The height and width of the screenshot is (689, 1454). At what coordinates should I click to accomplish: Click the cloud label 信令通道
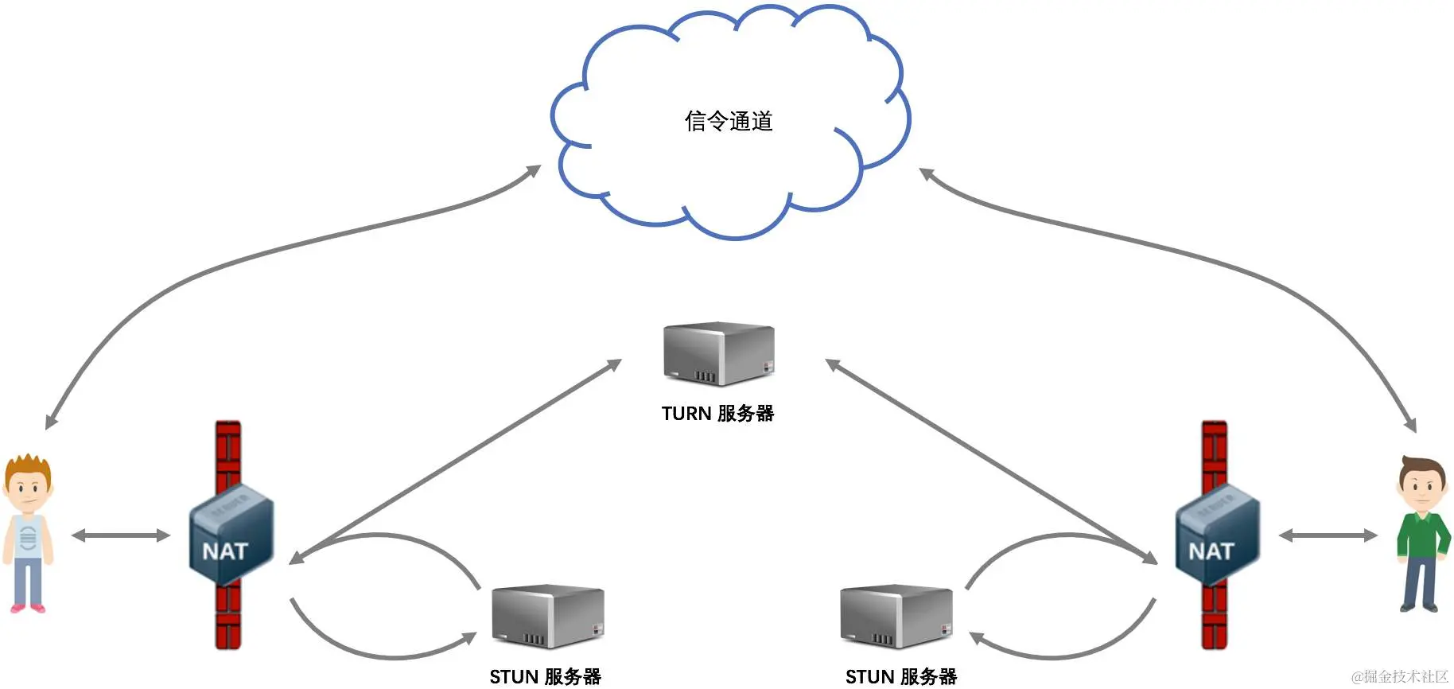[729, 121]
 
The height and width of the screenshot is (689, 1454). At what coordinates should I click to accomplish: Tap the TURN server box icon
[718, 353]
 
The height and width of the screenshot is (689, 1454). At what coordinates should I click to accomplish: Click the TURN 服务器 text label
[717, 414]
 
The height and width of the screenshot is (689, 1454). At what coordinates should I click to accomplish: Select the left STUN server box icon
[547, 616]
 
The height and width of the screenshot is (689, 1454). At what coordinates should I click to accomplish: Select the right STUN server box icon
[896, 616]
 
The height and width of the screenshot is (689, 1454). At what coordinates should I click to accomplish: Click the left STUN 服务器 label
[545, 676]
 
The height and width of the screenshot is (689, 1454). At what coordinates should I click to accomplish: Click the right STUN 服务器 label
[900, 676]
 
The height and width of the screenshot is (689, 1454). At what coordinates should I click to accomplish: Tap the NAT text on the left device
[225, 551]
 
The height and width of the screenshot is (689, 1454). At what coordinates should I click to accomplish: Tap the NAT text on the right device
[1211, 551]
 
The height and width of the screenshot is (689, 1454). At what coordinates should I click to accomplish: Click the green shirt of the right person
[1422, 533]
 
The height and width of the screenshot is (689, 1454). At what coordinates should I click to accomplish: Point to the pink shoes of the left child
[28, 609]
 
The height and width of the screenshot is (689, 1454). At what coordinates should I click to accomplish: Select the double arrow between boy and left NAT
[121, 535]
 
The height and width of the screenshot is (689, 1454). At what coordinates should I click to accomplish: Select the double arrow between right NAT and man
[1328, 535]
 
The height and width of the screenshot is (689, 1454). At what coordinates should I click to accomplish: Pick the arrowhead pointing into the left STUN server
[469, 638]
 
